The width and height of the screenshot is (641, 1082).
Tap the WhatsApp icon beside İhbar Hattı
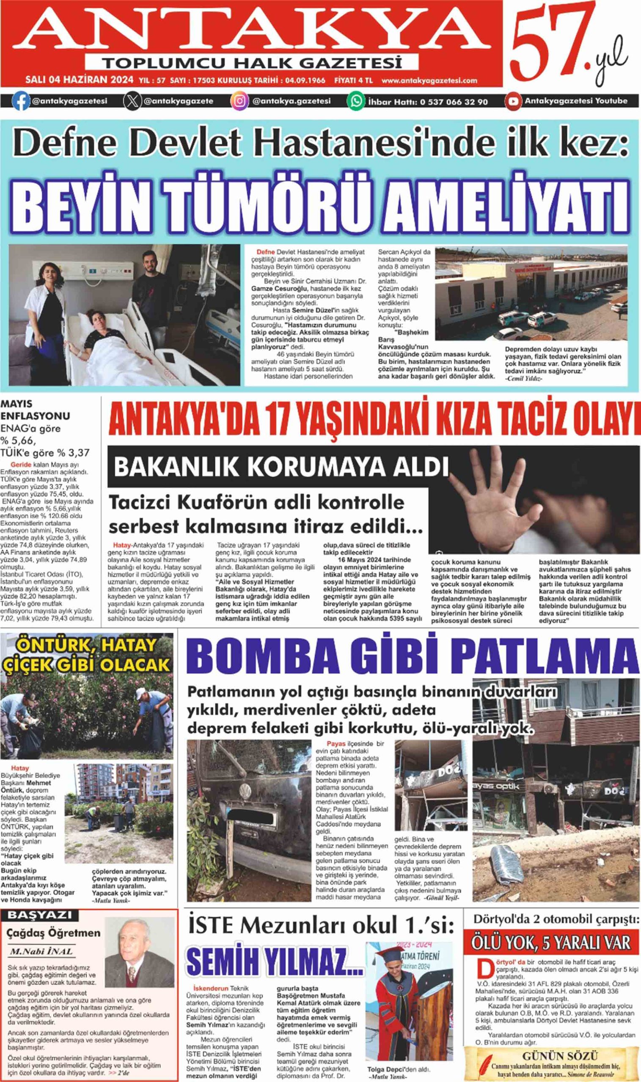[356, 101]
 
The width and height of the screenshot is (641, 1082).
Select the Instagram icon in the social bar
[240, 101]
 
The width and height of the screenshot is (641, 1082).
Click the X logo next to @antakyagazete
[132, 101]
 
